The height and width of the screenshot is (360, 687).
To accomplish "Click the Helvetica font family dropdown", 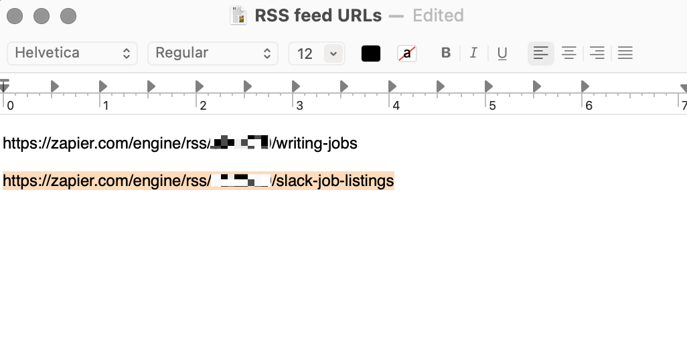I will pyautogui.click(x=72, y=54).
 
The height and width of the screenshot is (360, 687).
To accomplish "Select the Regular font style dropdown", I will pyautogui.click(x=212, y=54).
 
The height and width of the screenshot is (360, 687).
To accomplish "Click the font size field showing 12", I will pyautogui.click(x=306, y=54).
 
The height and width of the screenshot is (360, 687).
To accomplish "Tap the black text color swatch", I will pyautogui.click(x=371, y=54).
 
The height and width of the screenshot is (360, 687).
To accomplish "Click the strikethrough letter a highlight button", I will pyautogui.click(x=407, y=54).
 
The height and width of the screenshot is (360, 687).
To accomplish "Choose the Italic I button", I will pyautogui.click(x=473, y=54).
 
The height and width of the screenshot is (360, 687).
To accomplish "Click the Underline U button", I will pyautogui.click(x=502, y=54).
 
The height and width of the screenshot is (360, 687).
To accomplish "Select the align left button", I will pyautogui.click(x=541, y=54).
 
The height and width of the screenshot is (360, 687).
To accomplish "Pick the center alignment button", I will pyautogui.click(x=569, y=54).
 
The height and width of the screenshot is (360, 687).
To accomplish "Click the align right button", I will pyautogui.click(x=597, y=54).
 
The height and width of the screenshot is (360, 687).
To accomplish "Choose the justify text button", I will pyautogui.click(x=625, y=54).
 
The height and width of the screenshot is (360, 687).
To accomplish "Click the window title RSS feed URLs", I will pyautogui.click(x=318, y=15).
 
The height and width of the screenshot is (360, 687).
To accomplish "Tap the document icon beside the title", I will pyautogui.click(x=238, y=15).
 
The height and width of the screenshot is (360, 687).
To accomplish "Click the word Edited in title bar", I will pyautogui.click(x=438, y=15).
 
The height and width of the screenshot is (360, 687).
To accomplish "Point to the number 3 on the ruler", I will pyautogui.click(x=299, y=106).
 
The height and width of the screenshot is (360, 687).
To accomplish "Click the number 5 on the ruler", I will pyautogui.click(x=492, y=106).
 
